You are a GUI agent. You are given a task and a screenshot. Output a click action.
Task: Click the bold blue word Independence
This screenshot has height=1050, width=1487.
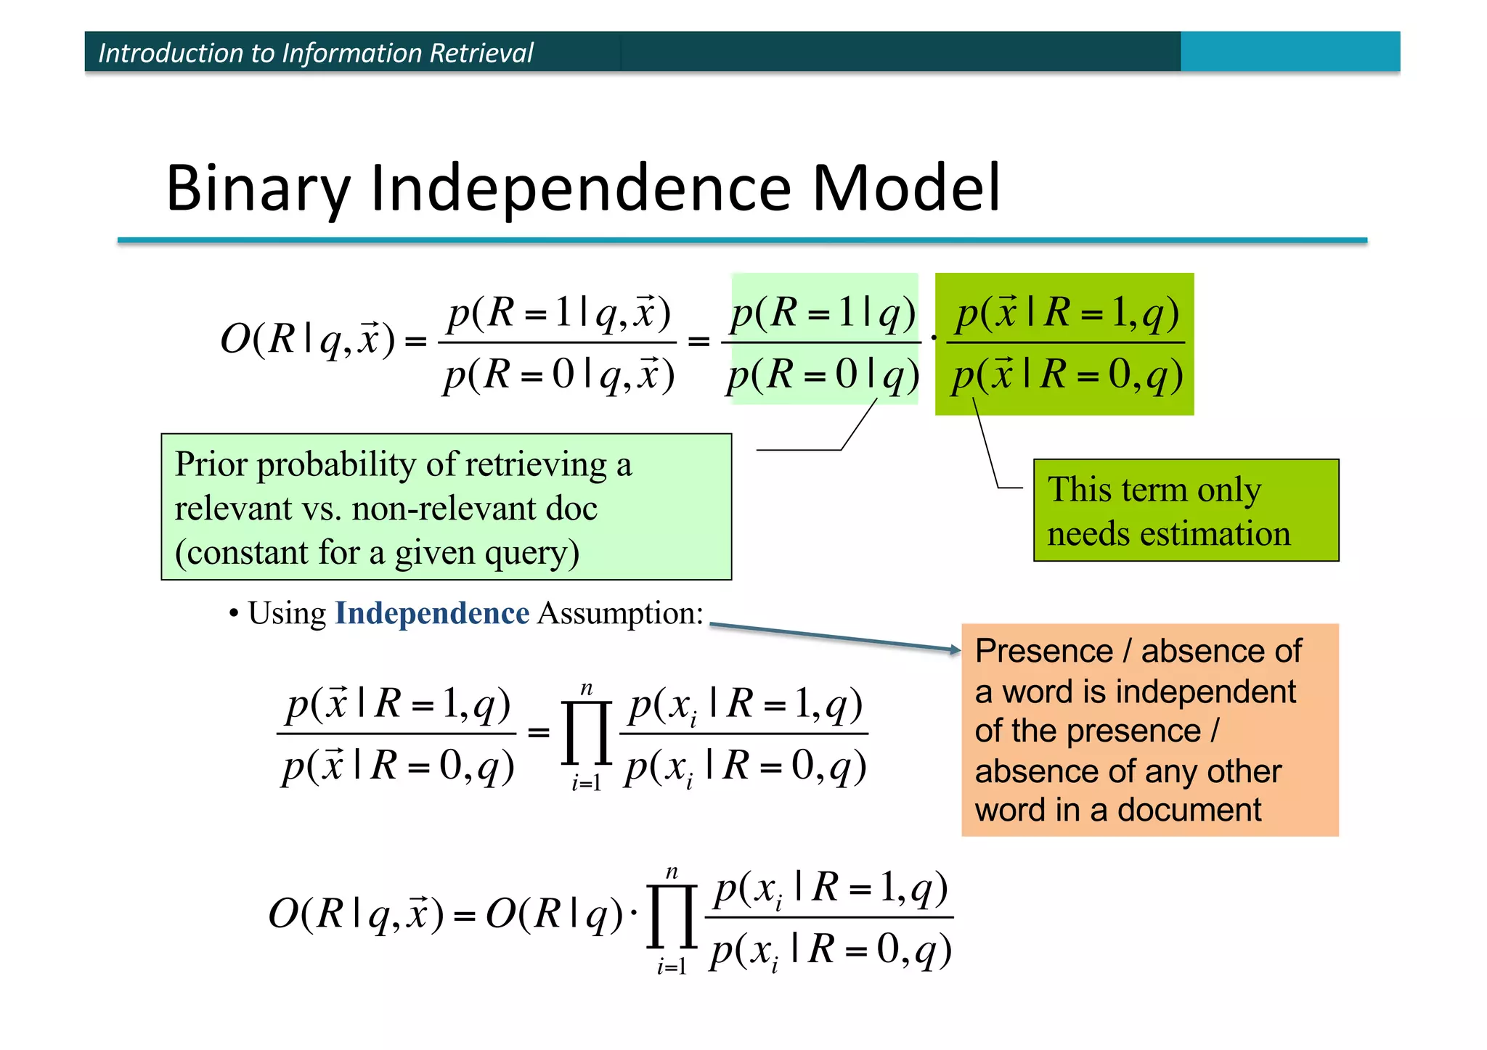[432, 613]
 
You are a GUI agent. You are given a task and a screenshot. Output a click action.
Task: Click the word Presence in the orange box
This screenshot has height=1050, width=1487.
[1043, 651]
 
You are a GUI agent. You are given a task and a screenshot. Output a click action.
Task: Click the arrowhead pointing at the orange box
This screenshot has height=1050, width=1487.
[956, 649]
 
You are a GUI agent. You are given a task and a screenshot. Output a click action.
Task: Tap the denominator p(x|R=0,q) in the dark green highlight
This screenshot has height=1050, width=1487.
[1067, 376]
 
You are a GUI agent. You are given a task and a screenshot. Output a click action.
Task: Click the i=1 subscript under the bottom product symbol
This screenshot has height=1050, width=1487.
[672, 967]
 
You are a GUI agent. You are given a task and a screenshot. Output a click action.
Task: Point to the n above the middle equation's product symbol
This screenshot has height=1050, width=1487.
[587, 688]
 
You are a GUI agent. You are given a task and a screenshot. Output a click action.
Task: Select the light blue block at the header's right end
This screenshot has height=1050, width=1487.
[1290, 52]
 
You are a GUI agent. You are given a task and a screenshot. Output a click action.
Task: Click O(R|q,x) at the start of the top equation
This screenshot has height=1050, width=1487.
[308, 338]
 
